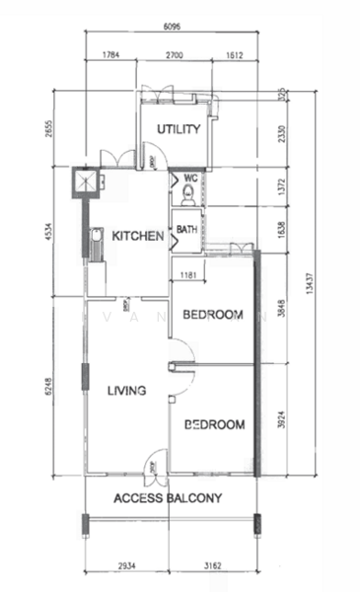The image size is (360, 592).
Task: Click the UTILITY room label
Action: (179, 129)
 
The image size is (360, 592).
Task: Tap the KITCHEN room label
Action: (137, 236)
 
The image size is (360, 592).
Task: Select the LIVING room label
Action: (126, 391)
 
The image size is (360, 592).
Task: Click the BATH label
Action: (186, 231)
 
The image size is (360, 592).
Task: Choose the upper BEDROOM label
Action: (213, 315)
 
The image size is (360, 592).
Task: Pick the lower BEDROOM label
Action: (215, 425)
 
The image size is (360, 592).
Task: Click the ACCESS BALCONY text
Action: (169, 498)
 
